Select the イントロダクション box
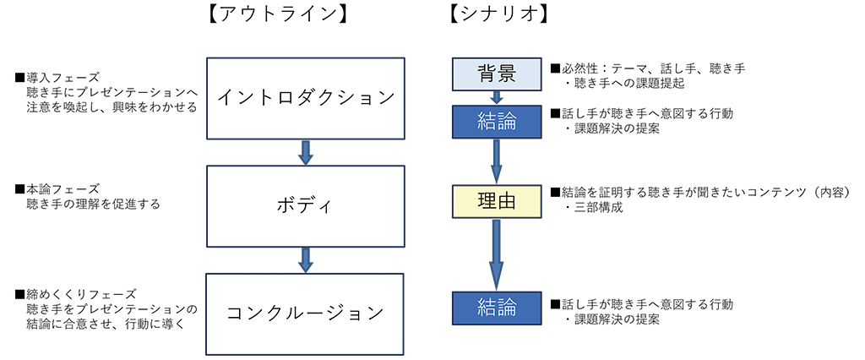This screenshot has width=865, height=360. pos(306,97)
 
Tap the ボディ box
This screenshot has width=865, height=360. pos(306,205)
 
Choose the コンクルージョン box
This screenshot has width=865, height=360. pos(306,313)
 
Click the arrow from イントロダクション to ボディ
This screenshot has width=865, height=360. pos(306,151)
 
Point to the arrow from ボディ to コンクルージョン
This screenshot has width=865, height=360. pos(306,259)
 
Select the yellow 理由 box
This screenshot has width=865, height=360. pos(497,200)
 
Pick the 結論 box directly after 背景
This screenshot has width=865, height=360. pos(497,120)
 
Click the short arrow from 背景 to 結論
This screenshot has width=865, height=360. pos(497,96)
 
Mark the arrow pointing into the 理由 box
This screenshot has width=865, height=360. pos(497,160)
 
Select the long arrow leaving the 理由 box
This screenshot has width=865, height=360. pos(497,252)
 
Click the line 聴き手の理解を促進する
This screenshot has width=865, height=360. pos(93,204)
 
